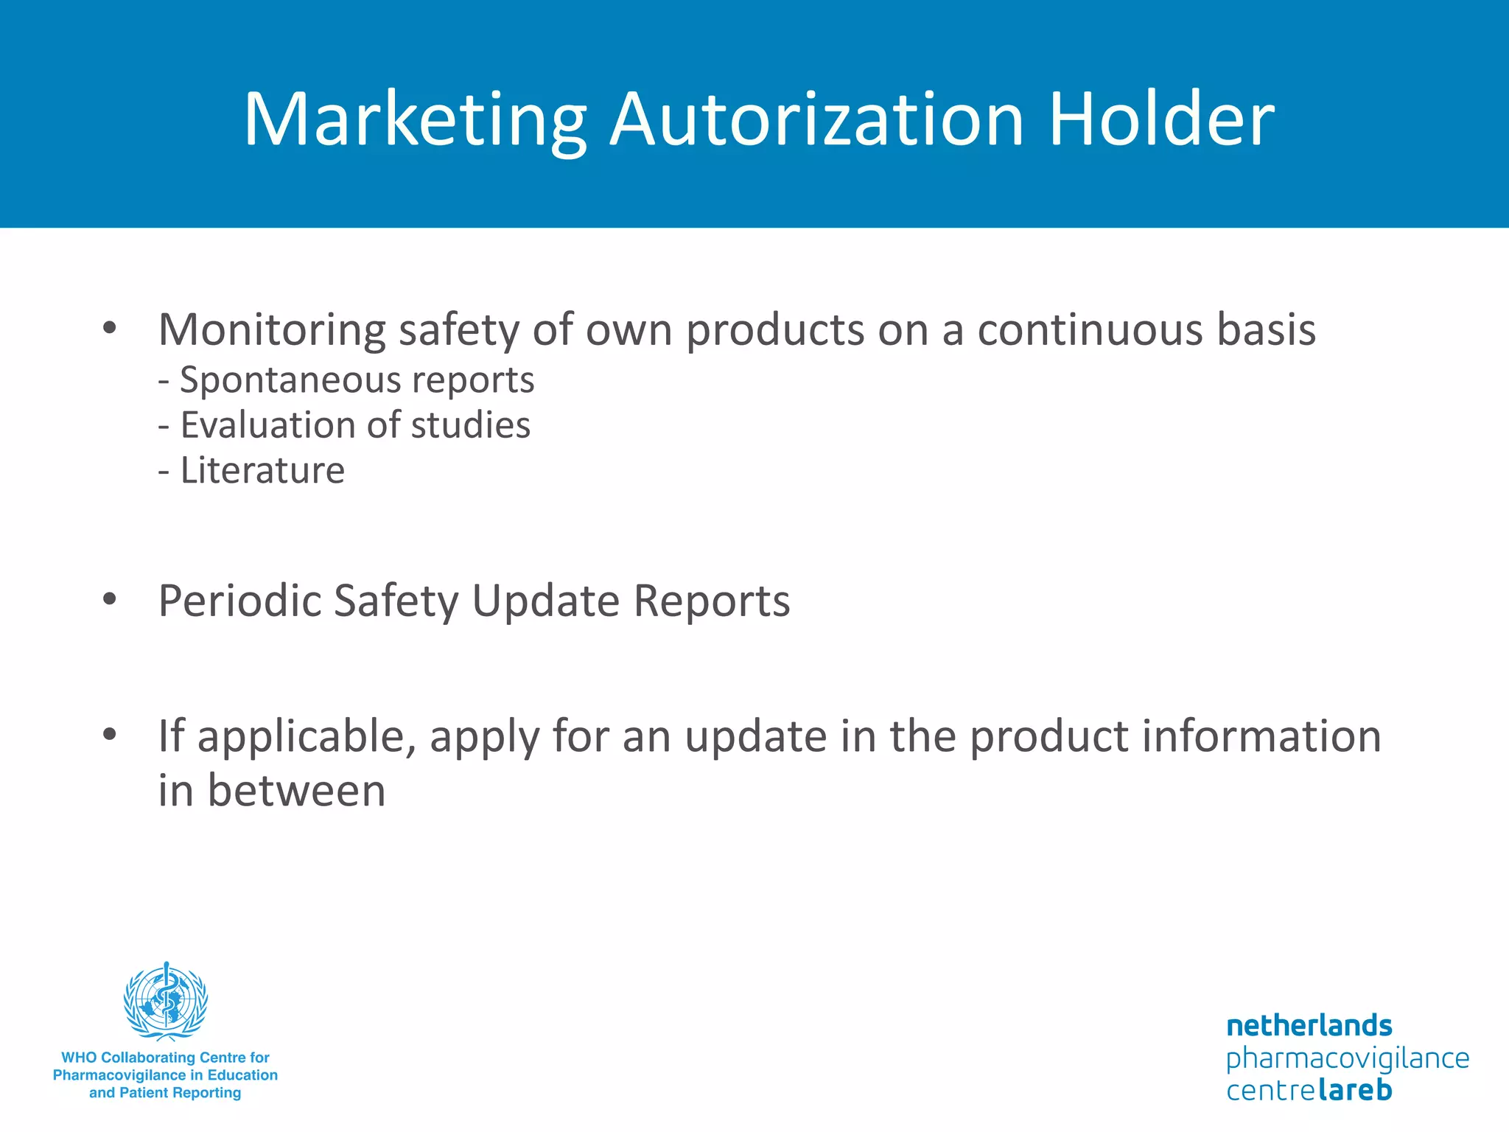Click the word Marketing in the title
[415, 120]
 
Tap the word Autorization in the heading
[817, 120]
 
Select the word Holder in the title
[1161, 120]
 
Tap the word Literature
[262, 470]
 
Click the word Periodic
[239, 601]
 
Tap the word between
[296, 791]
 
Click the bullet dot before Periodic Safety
[110, 599]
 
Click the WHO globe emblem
[166, 1001]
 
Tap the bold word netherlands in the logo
[1309, 1026]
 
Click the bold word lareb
[1355, 1090]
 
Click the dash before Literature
[164, 472]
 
